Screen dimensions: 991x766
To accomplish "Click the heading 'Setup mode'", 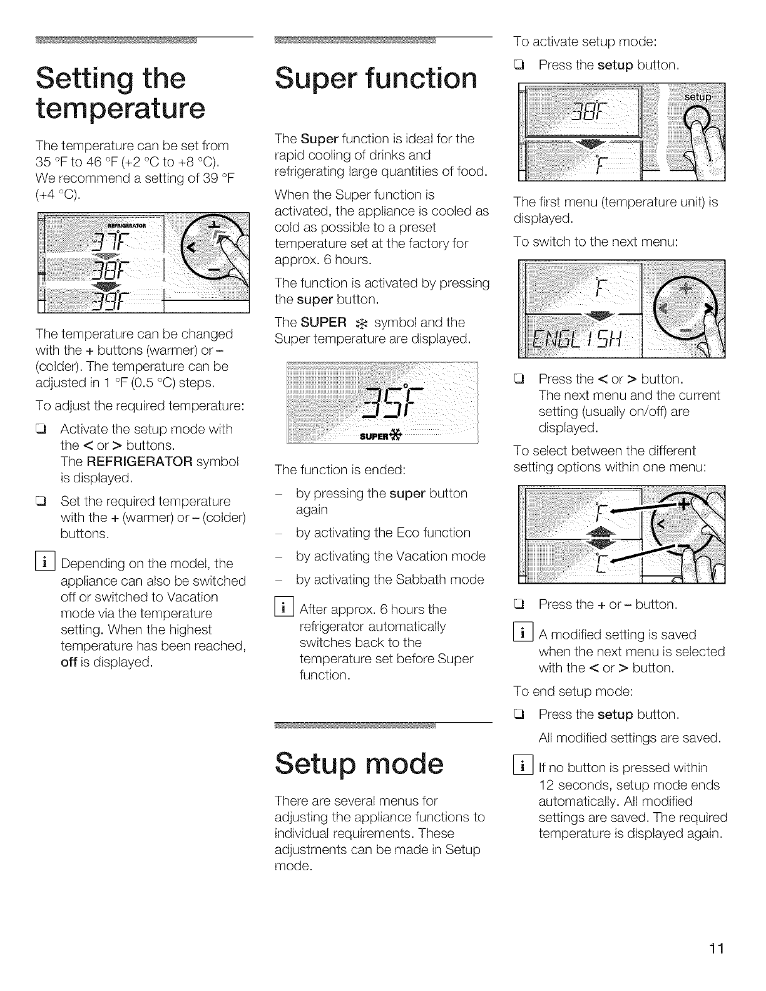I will point(359,765).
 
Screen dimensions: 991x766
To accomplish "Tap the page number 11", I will point(715,948).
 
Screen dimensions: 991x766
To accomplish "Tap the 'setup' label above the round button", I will point(697,97).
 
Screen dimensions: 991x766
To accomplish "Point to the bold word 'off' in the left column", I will point(68,662).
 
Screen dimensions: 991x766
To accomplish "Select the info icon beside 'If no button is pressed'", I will point(524,767).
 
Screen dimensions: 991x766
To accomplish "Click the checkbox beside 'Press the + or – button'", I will point(518,605).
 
